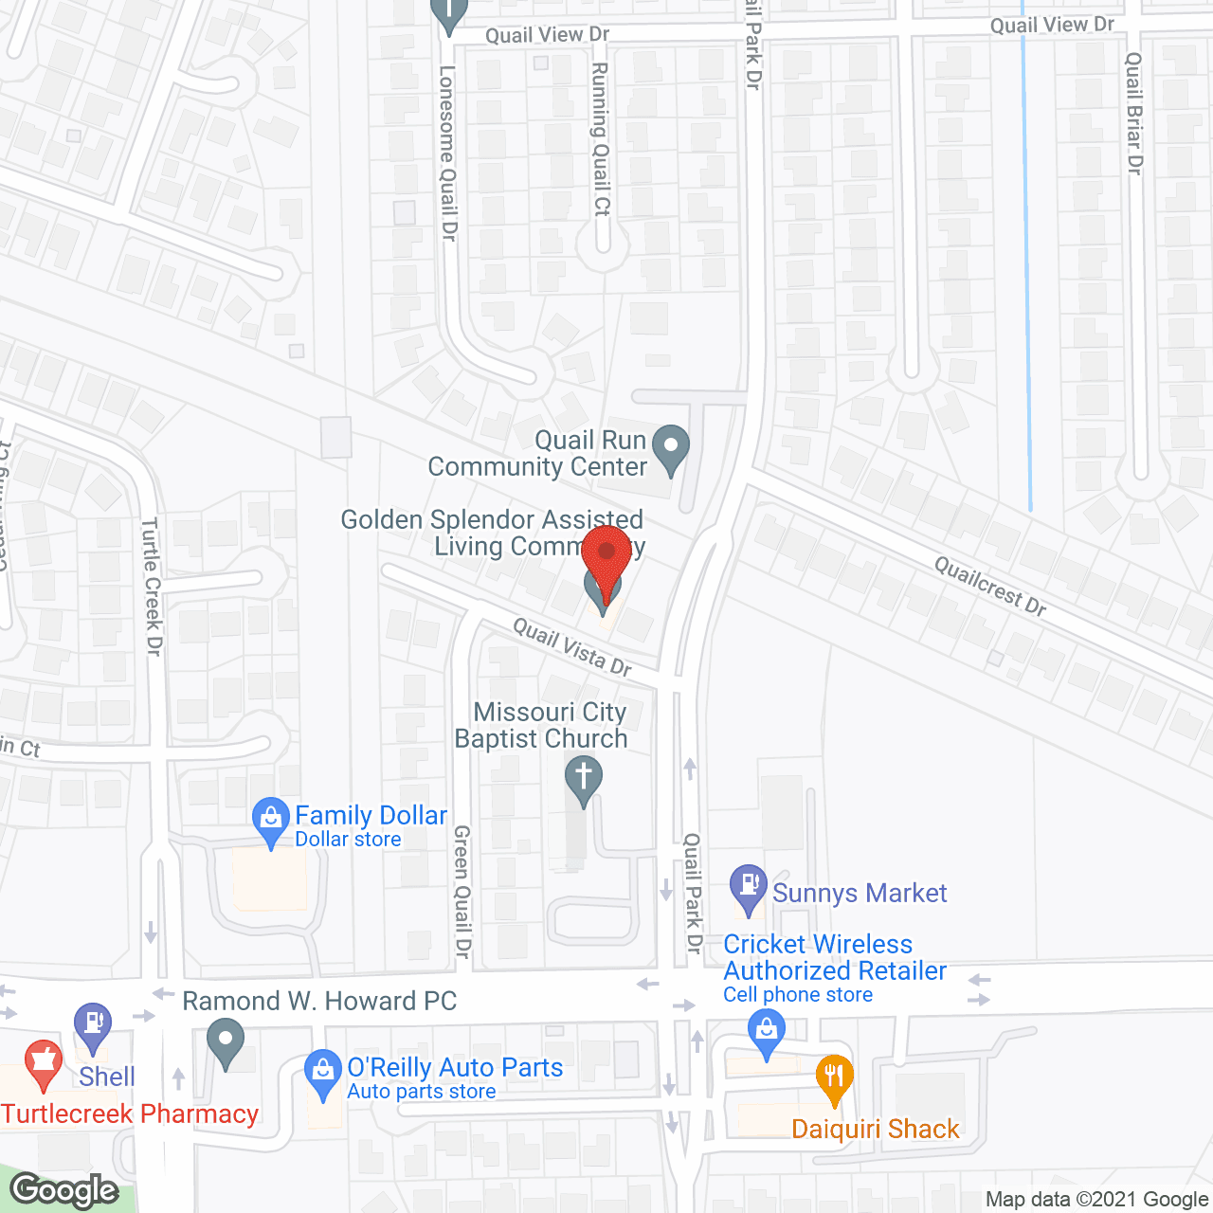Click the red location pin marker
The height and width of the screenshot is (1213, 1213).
point(606,554)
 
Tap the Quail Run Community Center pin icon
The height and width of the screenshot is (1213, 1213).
point(672,446)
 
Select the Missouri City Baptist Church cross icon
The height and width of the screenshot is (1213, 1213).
point(584,779)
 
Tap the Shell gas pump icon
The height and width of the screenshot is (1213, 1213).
point(93,1025)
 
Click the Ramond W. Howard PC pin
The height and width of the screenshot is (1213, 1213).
point(226,1041)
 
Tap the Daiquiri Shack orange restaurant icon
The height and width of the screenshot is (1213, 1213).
point(834,1077)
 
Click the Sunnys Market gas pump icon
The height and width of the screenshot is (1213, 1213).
point(749,887)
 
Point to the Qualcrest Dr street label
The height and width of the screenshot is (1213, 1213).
point(990,586)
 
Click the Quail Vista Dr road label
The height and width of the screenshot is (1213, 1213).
point(572,646)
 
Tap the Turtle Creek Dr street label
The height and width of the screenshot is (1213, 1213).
point(152,587)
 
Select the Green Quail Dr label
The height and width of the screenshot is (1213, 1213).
point(462,891)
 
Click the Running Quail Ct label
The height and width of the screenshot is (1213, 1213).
point(601,139)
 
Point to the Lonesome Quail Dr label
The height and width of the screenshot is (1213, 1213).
point(448,152)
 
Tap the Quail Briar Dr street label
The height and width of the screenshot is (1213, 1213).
point(1133,113)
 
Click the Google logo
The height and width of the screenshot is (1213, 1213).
point(64,1190)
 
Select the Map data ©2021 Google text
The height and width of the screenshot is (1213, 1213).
point(1096,1200)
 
